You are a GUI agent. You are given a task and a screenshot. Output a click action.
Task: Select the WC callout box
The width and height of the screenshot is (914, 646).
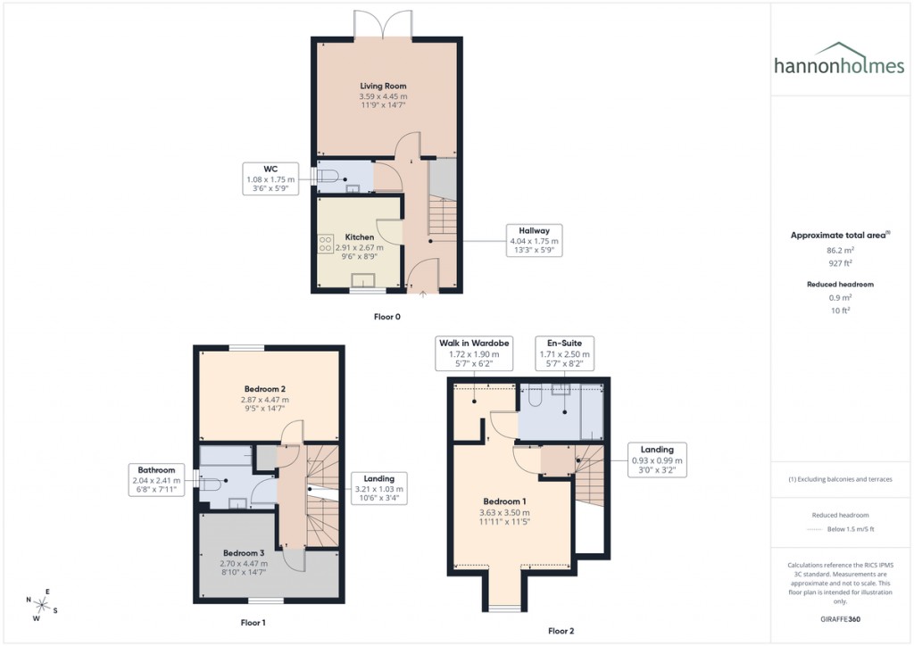click(270, 178)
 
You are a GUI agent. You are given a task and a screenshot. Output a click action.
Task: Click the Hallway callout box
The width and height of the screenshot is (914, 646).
click(533, 241)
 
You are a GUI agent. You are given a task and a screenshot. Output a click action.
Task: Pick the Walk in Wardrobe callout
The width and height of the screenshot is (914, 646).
click(474, 353)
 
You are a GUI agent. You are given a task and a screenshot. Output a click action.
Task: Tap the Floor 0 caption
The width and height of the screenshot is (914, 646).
click(386, 316)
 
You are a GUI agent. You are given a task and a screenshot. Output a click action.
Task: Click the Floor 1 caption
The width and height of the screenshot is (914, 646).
click(253, 622)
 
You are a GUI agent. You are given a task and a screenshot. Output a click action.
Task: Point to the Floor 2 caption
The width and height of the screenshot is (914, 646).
click(561, 631)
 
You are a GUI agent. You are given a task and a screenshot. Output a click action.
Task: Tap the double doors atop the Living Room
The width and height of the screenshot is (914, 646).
click(383, 25)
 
